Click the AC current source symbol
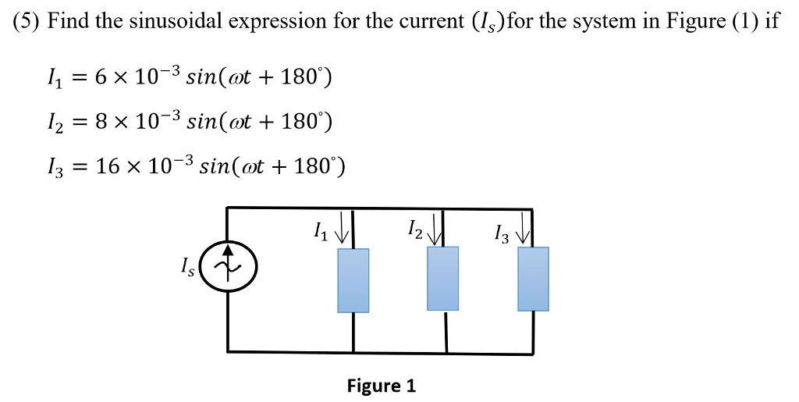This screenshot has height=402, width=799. point(228,269)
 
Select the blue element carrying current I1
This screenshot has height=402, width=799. point(353,280)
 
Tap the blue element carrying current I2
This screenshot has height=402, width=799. point(443,279)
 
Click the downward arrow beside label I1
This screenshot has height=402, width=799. point(341,231)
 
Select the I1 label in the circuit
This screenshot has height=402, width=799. point(318,231)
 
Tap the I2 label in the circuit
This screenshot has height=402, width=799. point(414,229)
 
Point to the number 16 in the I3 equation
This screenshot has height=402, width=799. point(105,166)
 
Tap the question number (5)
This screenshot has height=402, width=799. point(27,21)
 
